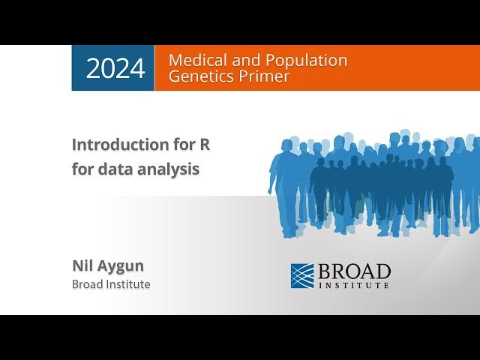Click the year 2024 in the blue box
point(115,68)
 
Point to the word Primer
point(262,76)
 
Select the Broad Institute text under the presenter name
point(111,284)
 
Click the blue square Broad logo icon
point(302,275)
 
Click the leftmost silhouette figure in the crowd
point(286,180)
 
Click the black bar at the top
point(240,22)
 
